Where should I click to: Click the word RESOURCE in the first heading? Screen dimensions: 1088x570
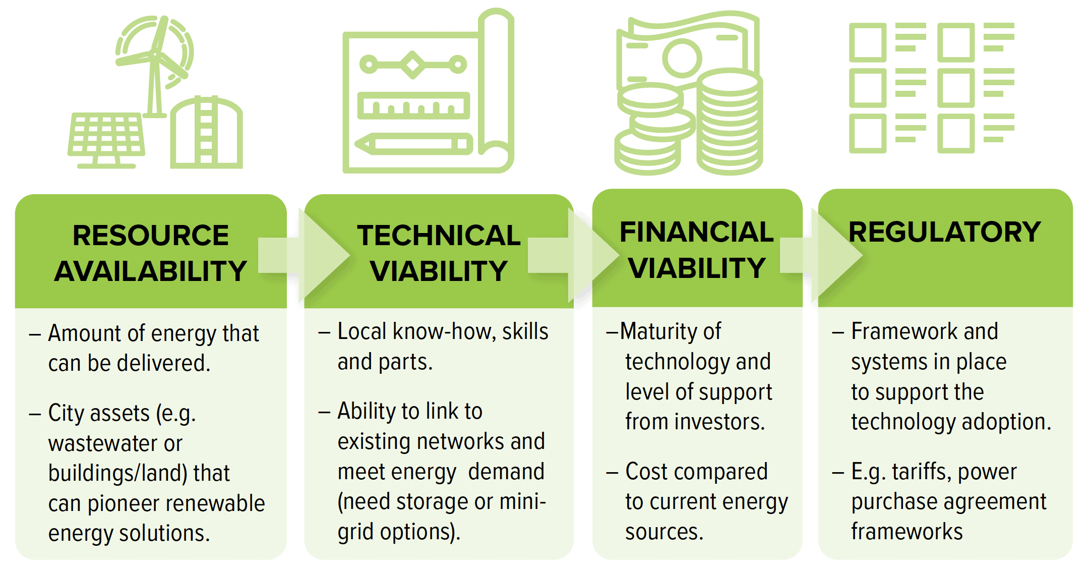coord(151,235)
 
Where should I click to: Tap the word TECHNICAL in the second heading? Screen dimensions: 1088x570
coord(439,235)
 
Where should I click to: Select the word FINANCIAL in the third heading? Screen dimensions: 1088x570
coord(697,232)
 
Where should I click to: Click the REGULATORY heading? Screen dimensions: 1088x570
coord(945,232)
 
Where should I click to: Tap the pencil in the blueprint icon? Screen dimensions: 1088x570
coord(413,144)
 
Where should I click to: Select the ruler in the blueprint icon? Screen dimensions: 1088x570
coord(413,106)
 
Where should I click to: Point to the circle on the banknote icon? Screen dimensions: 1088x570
coord(682,58)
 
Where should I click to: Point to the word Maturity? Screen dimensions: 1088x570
coord(671,332)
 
